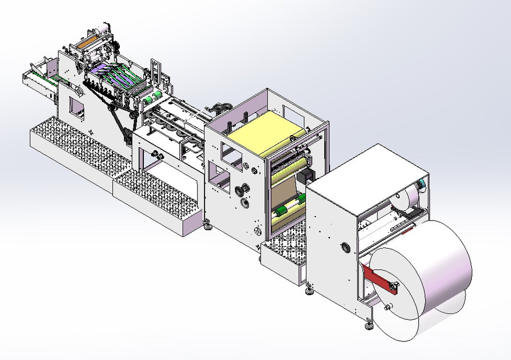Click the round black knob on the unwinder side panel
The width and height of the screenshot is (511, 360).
[x=344, y=246]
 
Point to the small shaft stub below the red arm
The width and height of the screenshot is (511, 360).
[x=386, y=307]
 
